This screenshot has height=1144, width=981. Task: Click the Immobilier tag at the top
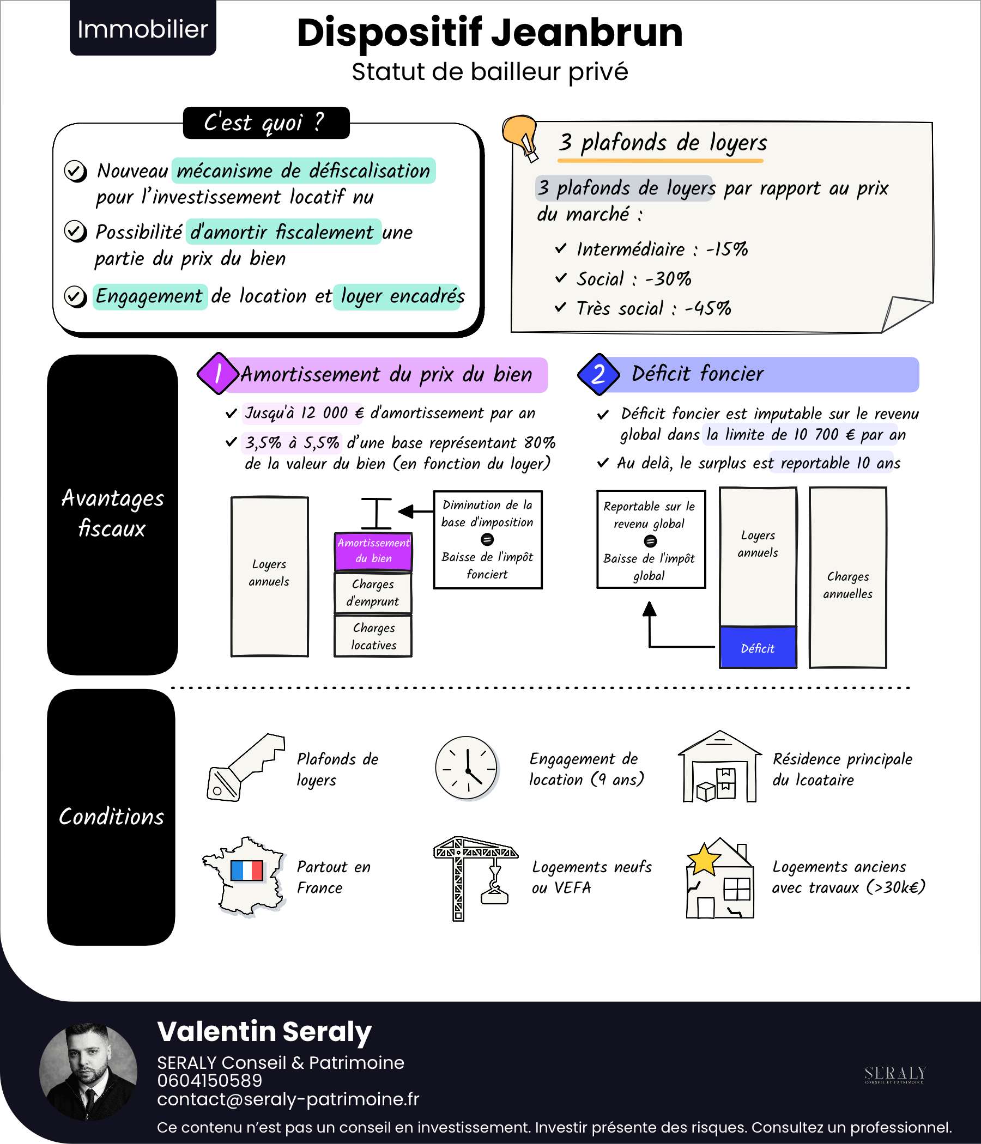tap(142, 29)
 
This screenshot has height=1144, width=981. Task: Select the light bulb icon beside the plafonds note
tap(521, 136)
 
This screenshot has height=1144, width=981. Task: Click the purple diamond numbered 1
tap(218, 374)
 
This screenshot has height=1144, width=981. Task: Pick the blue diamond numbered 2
tap(598, 374)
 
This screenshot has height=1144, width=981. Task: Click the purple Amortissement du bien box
tap(373, 550)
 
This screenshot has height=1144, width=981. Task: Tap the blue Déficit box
tap(758, 648)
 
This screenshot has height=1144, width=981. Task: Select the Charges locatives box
tap(373, 637)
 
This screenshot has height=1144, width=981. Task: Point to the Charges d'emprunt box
tap(373, 593)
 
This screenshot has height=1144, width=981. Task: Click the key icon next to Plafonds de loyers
tap(245, 768)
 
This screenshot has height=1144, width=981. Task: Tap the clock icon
tap(466, 768)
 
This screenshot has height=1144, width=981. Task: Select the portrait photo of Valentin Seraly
tap(88, 1071)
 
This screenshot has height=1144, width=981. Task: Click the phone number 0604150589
tap(209, 1080)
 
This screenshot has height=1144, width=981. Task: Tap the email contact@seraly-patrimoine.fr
tap(288, 1099)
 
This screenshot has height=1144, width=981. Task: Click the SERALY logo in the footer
tap(894, 1074)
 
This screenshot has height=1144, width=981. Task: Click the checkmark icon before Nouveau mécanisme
tap(75, 171)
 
